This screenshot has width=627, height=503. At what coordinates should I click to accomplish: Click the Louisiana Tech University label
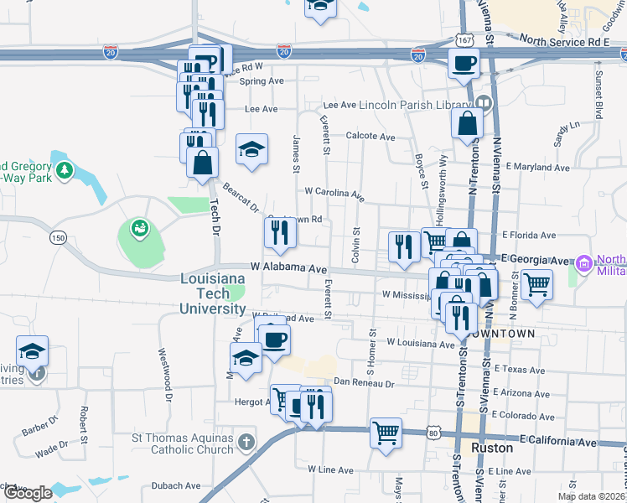[212, 293]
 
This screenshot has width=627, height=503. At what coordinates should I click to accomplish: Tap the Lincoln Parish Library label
[415, 106]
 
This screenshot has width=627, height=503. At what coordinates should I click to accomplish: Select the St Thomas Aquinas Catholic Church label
[182, 443]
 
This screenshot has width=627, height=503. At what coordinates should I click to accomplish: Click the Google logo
[28, 493]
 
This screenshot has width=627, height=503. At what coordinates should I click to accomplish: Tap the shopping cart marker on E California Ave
[386, 433]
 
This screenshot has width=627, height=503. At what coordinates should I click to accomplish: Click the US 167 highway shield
[467, 39]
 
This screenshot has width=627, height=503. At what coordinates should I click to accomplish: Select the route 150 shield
[58, 237]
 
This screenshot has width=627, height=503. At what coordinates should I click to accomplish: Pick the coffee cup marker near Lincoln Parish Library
[463, 63]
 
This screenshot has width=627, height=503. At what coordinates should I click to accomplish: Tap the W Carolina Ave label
[334, 194]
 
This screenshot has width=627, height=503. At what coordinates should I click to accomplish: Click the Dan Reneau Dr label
[363, 382]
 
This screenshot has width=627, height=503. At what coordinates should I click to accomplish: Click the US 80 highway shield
[433, 433]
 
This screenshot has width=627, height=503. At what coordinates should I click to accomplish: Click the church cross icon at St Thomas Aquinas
[246, 441]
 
